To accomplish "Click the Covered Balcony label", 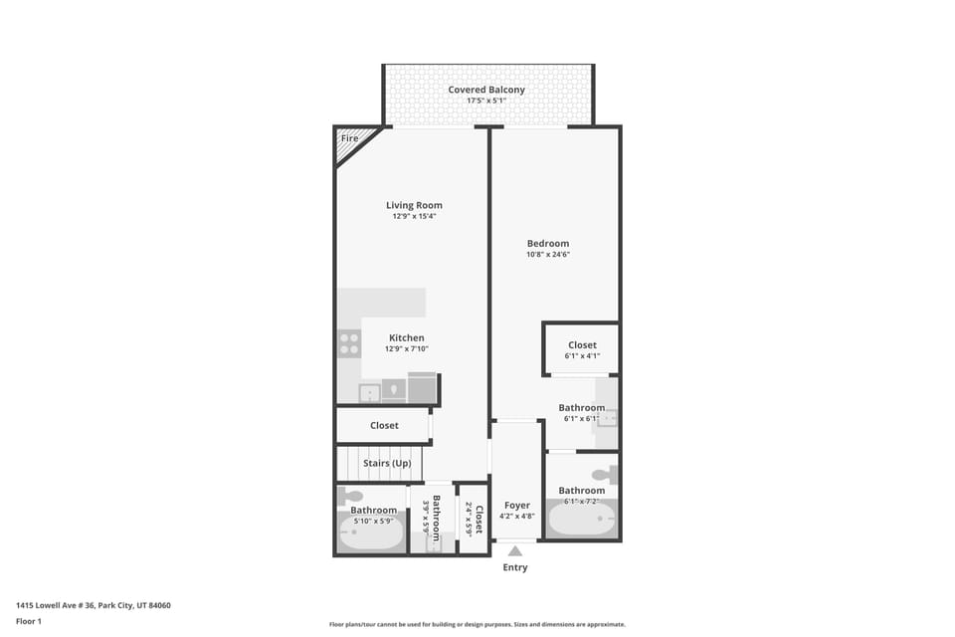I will click(486, 90).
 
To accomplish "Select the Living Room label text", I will click(414, 205).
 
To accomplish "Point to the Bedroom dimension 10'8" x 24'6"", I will click(548, 255).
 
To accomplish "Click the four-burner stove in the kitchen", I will click(349, 344).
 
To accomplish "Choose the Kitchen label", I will click(406, 338).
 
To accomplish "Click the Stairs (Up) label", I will click(387, 464).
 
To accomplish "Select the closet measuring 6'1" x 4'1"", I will click(582, 350).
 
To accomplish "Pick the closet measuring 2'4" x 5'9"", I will click(474, 518).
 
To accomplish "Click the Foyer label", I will click(516, 506).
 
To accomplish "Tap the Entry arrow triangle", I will click(515, 550).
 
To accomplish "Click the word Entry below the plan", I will click(515, 567).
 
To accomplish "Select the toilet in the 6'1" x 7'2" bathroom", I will click(605, 475).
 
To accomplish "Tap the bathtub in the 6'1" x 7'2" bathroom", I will click(582, 519).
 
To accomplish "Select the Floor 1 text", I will click(29, 621).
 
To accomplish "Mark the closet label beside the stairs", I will click(384, 425).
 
